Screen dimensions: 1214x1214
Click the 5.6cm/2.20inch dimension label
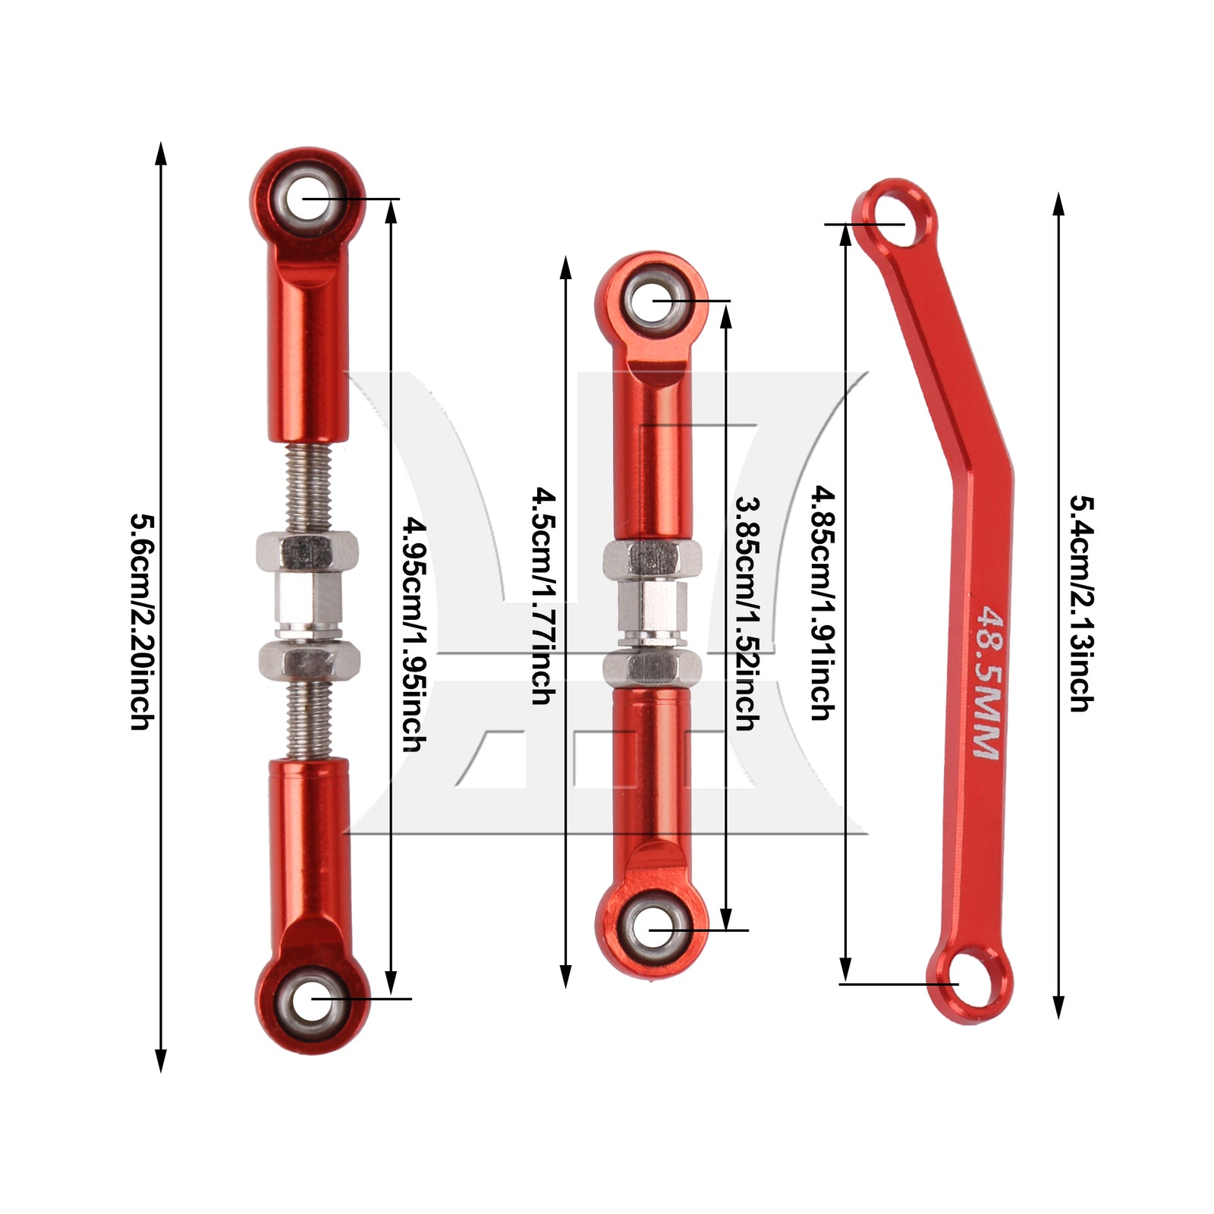[x=143, y=621]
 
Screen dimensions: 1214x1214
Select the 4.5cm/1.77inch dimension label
[x=544, y=596]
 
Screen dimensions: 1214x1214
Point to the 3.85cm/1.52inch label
[x=747, y=613]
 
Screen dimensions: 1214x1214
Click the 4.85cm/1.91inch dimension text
[x=823, y=602]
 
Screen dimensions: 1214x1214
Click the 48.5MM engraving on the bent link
[x=986, y=681]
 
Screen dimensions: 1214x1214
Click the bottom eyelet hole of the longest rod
[x=312, y=999]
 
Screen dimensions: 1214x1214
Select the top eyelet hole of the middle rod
[x=652, y=301]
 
